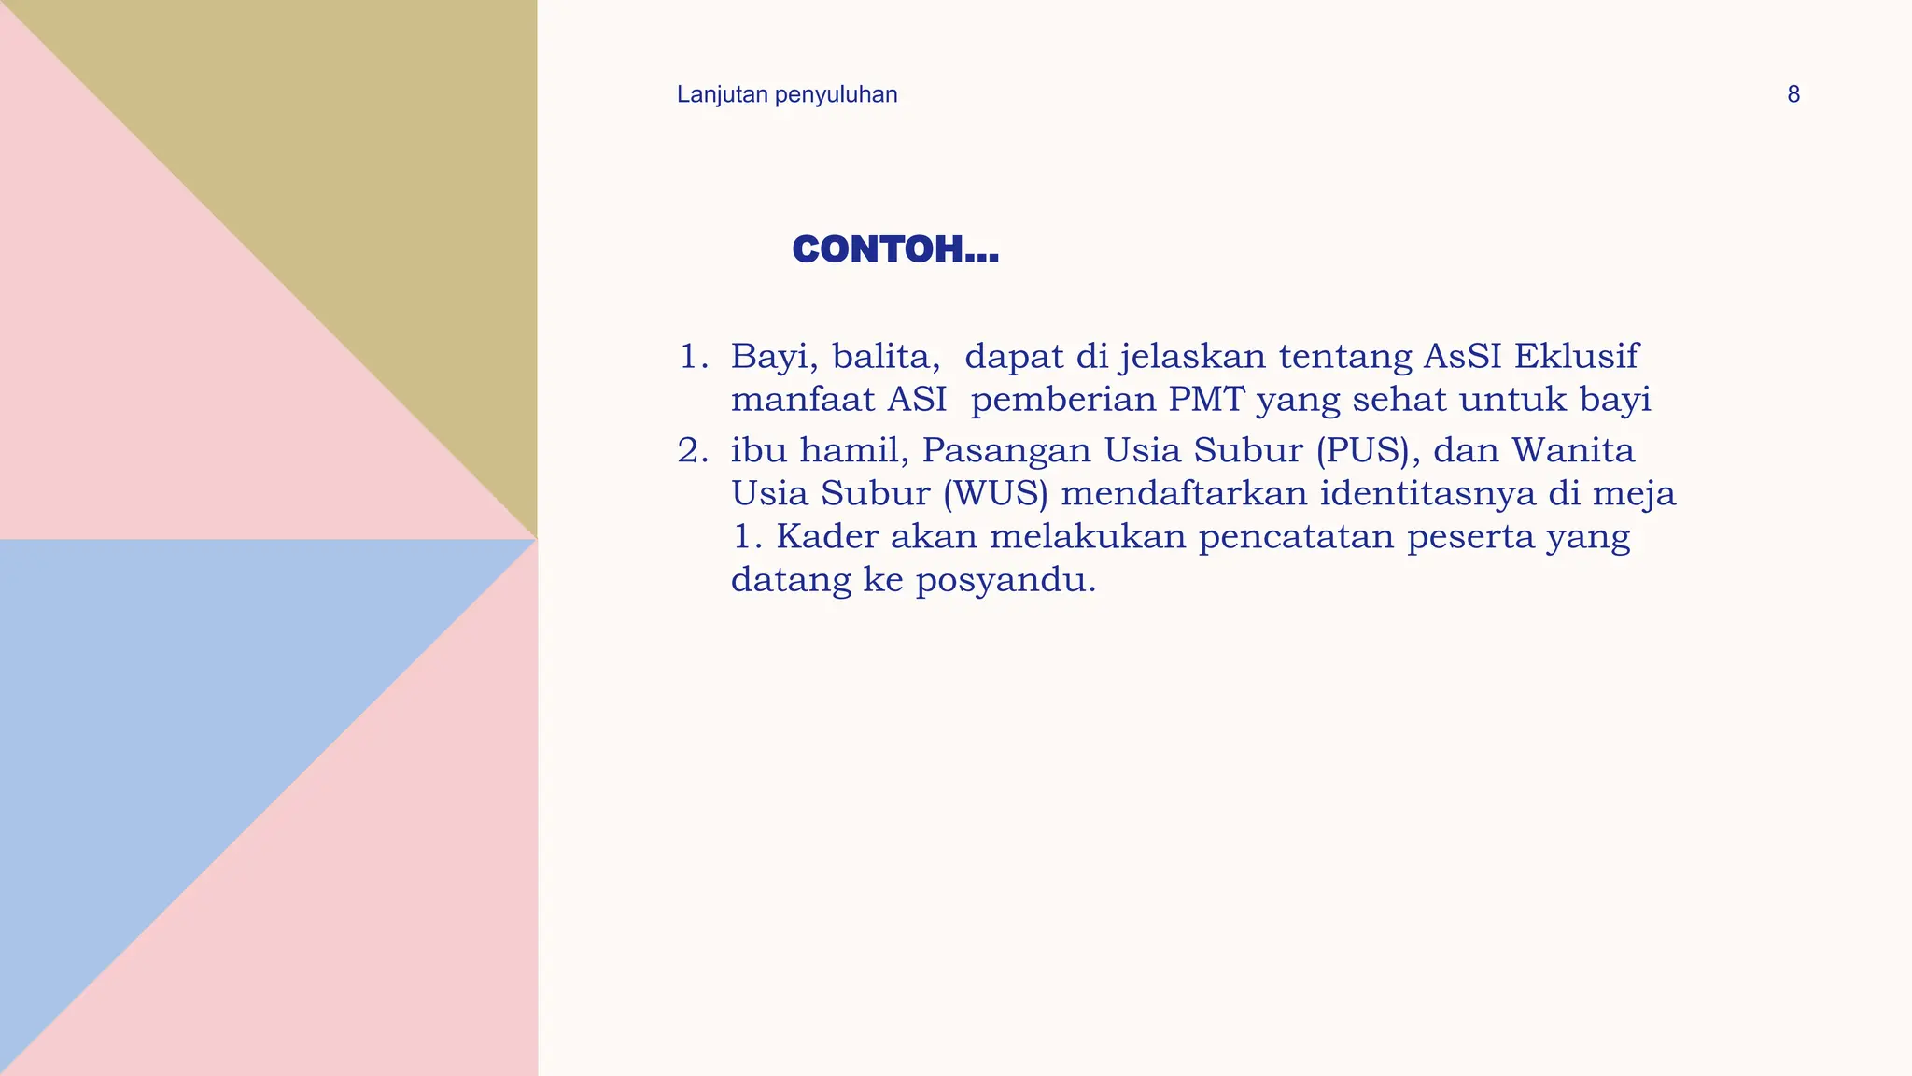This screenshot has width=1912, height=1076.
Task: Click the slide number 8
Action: [x=1792, y=94]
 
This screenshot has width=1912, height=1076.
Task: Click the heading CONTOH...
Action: [x=894, y=249]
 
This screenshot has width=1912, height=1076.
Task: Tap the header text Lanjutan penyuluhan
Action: [x=787, y=94]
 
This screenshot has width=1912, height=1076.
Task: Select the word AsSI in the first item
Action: [x=1462, y=356]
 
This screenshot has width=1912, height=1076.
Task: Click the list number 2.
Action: [x=692, y=451]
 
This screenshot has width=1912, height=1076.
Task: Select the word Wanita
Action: [x=1573, y=450]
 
